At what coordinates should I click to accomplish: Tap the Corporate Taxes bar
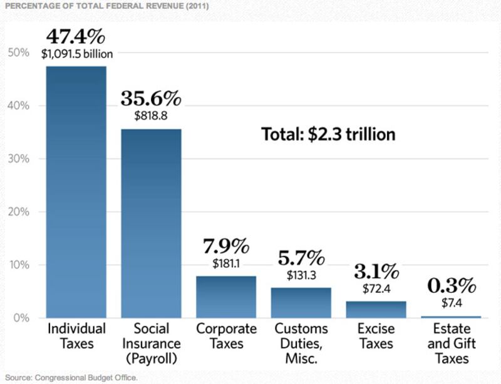tap(226, 297)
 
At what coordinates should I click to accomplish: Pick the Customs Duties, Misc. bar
tap(301, 303)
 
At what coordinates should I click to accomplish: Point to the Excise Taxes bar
tap(376, 310)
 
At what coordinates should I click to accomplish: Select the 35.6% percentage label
tap(151, 98)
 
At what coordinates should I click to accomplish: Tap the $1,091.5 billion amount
tap(77, 54)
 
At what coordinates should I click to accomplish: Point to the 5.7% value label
tap(301, 257)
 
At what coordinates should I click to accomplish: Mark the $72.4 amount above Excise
tap(376, 290)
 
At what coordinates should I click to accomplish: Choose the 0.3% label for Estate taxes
tap(451, 286)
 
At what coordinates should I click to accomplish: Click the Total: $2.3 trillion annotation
tap(328, 134)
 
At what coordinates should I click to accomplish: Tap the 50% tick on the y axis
tap(18, 53)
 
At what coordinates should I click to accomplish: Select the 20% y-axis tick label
tap(18, 212)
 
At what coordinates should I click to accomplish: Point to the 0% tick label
tap(21, 318)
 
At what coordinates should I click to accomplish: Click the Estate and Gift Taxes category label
tap(451, 343)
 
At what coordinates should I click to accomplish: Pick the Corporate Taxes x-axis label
tap(226, 336)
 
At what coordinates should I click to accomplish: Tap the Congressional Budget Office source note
tap(69, 378)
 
